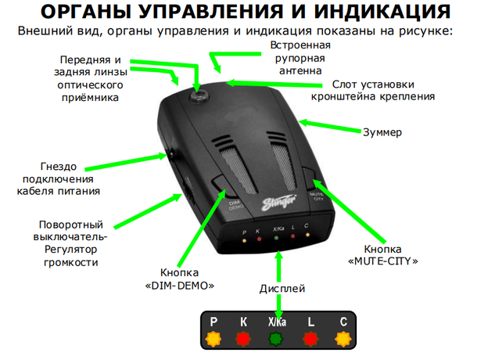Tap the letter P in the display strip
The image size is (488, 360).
pos(213,322)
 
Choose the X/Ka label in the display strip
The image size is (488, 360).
pos(277,322)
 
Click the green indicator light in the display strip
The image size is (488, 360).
pos(278,339)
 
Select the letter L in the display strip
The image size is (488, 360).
pos(310,322)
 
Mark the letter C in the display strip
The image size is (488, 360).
pos(343,322)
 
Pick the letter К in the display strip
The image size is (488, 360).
pos(243,322)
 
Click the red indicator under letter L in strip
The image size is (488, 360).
pos(310,339)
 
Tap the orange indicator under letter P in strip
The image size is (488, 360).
pos(213,339)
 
